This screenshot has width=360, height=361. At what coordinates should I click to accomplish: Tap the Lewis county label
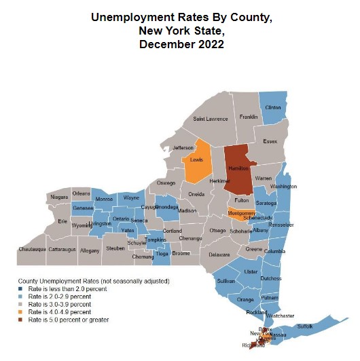coord(196,160)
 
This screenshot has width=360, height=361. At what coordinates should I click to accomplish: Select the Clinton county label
coord(272,108)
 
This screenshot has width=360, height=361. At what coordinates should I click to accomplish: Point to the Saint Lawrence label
coord(211,119)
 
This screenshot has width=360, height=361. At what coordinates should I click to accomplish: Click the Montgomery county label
coord(242,214)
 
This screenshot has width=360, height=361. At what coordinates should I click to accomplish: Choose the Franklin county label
coord(248,117)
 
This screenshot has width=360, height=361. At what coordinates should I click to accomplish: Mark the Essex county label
coord(270,142)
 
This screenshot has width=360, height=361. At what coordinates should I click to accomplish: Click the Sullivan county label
coord(226,280)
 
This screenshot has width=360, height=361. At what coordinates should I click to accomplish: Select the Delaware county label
coord(219,255)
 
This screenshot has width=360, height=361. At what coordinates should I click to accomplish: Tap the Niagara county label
coord(60,197)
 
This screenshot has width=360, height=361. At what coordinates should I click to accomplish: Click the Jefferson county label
coord(183,148)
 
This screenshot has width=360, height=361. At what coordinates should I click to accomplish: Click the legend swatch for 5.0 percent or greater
coord(20,320)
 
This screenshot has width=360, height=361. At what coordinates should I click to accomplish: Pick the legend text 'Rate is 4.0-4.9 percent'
coord(58,312)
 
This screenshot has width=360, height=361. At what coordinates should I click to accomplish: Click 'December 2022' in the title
coord(180,45)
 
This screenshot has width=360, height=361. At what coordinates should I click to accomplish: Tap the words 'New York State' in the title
coord(180,31)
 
